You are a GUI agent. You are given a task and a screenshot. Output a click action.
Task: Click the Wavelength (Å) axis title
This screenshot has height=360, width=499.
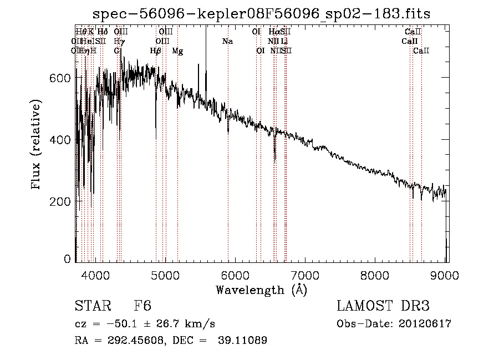[x=261, y=290]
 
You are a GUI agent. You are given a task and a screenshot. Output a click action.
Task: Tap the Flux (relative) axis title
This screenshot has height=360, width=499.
[x=37, y=145]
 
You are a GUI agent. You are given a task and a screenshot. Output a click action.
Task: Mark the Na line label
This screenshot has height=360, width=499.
[x=227, y=42]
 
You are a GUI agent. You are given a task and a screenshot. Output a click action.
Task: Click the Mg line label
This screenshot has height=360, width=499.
[x=177, y=51]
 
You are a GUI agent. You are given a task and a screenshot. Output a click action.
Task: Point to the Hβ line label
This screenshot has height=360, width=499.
[x=156, y=51]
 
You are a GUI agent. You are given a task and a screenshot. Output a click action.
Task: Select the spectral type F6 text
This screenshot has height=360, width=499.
[x=142, y=307]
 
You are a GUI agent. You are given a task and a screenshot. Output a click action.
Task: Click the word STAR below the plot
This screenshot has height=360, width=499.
[x=90, y=307]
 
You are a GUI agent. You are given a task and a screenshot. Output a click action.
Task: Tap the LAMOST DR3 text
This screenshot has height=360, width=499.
[x=383, y=307]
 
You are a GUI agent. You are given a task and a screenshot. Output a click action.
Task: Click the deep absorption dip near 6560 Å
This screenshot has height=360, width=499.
[x=275, y=158]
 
